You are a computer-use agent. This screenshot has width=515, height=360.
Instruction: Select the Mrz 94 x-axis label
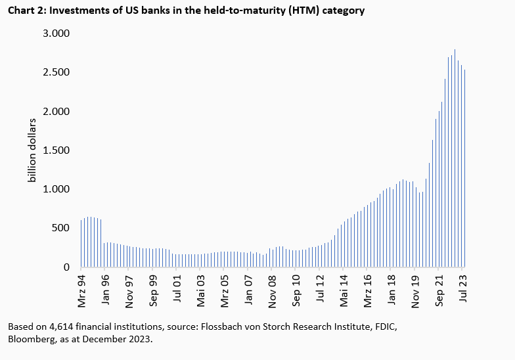coord(81,289)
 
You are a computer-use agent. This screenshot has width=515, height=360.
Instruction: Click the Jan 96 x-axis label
coord(106,289)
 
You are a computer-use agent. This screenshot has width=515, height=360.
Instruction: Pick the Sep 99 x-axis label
coord(153,289)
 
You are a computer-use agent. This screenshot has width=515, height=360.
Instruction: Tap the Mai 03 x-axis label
coord(200,289)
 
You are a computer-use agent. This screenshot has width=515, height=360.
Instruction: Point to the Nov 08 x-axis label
coord(272,289)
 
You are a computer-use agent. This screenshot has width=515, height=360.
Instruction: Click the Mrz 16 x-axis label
coord(367,289)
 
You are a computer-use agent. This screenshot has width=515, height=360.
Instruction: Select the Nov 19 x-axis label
coord(415,289)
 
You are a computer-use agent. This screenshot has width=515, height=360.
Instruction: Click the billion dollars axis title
coord(32,150)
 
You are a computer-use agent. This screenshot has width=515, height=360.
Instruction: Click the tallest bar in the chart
coord(455,158)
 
